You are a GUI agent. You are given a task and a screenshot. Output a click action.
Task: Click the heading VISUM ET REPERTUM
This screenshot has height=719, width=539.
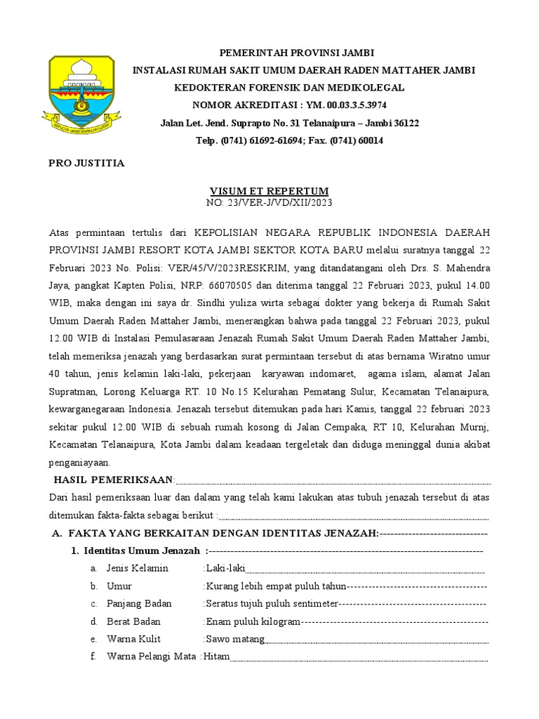(269, 191)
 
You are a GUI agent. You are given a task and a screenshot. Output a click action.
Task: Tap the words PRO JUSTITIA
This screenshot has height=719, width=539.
(86, 164)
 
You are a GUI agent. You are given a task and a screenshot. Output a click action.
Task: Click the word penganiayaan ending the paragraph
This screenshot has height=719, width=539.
(80, 463)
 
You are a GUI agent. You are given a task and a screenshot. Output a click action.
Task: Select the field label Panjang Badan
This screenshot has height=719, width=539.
(139, 604)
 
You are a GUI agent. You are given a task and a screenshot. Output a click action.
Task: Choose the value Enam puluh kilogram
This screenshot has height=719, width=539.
(253, 621)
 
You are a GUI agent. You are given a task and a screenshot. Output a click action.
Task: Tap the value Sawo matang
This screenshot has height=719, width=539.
(235, 639)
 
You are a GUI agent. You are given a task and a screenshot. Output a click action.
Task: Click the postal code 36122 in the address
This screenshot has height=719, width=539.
(405, 124)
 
